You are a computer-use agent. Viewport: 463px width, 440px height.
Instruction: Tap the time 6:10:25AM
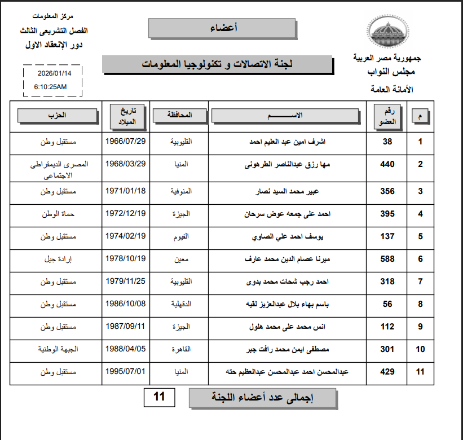coord(50,87)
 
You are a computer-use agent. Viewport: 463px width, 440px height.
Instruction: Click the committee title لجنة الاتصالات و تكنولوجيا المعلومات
coord(217,64)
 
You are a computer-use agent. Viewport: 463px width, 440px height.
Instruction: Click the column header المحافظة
coord(180,115)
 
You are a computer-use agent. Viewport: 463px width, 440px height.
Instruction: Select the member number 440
coord(387,164)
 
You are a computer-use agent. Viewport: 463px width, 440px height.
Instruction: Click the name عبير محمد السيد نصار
coord(286,191)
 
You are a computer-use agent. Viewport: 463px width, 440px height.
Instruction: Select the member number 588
coord(387,259)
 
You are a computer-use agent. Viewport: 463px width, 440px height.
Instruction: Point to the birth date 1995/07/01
coord(126,371)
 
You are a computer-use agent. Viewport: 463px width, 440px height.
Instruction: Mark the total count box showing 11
coord(159,397)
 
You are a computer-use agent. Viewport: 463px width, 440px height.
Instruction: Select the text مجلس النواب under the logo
coord(391,72)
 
